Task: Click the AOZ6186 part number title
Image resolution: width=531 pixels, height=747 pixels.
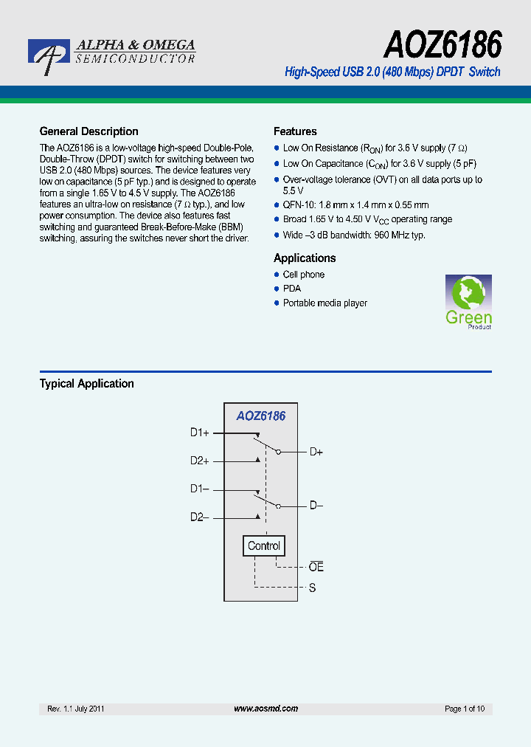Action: [x=442, y=45]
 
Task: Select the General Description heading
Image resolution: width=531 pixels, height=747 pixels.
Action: [x=88, y=131]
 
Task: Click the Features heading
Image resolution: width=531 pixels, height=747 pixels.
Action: [x=295, y=131]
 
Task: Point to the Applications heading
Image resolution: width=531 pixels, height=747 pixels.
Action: [x=305, y=258]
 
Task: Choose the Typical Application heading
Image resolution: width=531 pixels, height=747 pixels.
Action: [x=86, y=384]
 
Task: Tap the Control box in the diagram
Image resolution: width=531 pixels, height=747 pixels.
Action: [x=263, y=546]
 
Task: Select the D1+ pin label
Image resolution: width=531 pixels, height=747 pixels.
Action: [x=199, y=433]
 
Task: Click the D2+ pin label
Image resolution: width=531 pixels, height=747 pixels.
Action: [x=199, y=461]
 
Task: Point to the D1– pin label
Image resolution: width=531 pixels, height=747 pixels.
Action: [x=199, y=489]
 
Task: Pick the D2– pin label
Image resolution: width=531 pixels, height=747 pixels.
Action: [x=199, y=517]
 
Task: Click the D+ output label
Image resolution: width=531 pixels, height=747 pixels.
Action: [x=316, y=452]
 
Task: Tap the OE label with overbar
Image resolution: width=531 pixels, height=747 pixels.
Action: [x=316, y=567]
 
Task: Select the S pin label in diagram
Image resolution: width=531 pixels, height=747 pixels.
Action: [x=312, y=588]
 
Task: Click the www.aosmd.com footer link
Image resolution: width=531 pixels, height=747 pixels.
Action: [x=265, y=709]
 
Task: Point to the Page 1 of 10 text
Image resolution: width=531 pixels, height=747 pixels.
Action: [x=465, y=709]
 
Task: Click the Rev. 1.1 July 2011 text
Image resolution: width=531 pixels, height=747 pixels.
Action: [x=76, y=709]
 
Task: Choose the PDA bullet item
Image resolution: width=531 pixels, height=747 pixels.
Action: [x=292, y=289]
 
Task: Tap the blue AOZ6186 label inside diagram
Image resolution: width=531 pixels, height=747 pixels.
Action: [x=260, y=416]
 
